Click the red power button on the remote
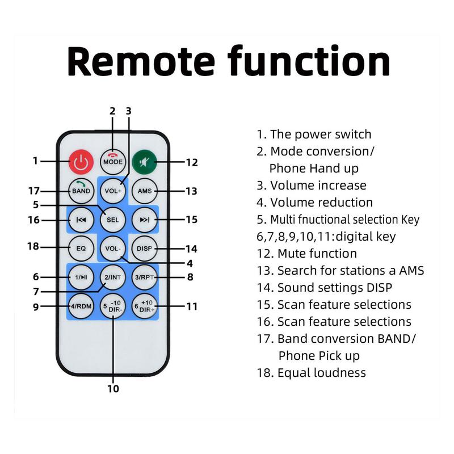(81, 162)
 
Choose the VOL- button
(112, 248)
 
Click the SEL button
(112, 219)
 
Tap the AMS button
(144, 191)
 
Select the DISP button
(144, 248)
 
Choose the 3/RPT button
(144, 277)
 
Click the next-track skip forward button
(144, 219)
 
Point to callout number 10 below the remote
(113, 389)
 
